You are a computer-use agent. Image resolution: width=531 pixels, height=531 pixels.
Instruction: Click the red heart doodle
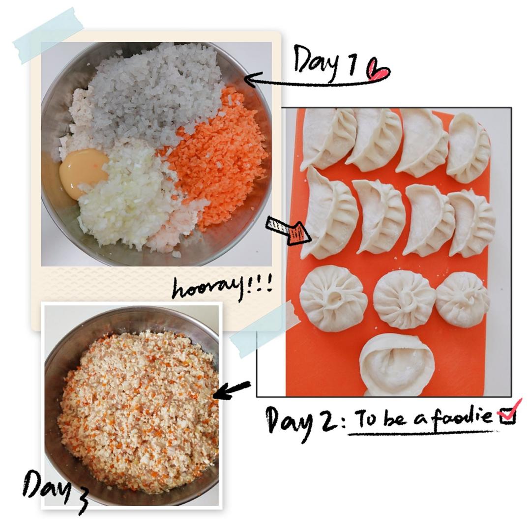pyautogui.click(x=379, y=69)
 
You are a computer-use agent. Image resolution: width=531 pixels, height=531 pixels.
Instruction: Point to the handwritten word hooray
pyautogui.click(x=208, y=288)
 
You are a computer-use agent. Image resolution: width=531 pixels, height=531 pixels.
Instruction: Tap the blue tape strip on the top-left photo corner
pyautogui.click(x=48, y=35)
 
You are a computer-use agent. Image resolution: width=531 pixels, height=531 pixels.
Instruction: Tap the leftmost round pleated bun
pyautogui.click(x=333, y=298)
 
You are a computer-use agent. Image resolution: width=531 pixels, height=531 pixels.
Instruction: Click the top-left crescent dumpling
pyautogui.click(x=328, y=138)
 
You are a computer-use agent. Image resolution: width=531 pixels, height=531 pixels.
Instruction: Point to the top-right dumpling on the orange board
pyautogui.click(x=469, y=147)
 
